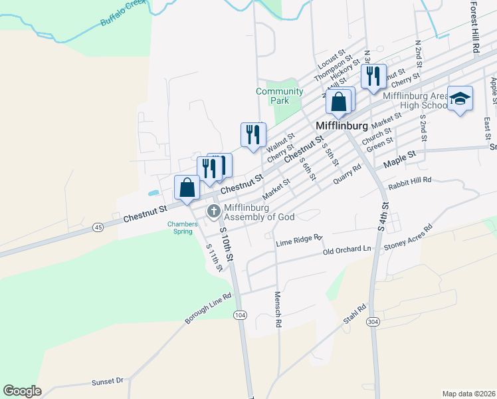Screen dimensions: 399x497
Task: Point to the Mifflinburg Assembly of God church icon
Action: pos(213,211)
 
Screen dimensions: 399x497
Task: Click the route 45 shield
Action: pos(98,227)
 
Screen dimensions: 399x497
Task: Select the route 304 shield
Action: pos(373,322)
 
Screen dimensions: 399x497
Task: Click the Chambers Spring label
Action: pos(182,227)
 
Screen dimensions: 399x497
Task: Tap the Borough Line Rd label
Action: pos(208,309)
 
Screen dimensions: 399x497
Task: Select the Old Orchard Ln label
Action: pos(347,249)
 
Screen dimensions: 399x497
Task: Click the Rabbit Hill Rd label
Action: pos(410,180)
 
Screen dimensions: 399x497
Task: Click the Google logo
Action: pos(22,391)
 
